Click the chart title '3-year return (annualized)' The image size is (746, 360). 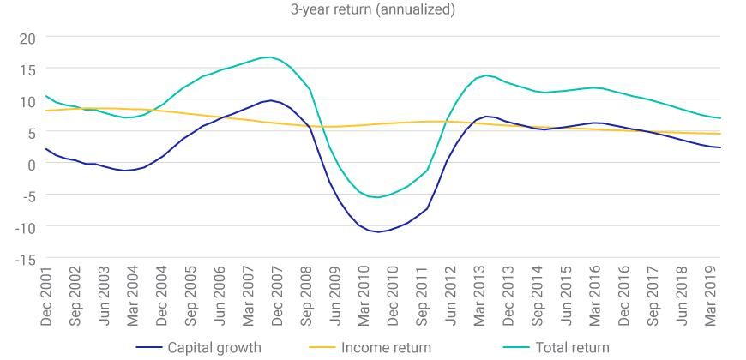click(x=373, y=9)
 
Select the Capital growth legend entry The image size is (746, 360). click(x=213, y=347)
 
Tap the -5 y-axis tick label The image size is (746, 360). click(x=26, y=195)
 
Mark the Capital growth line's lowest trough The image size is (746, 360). click(x=378, y=231)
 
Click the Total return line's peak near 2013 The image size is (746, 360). click(x=486, y=75)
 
